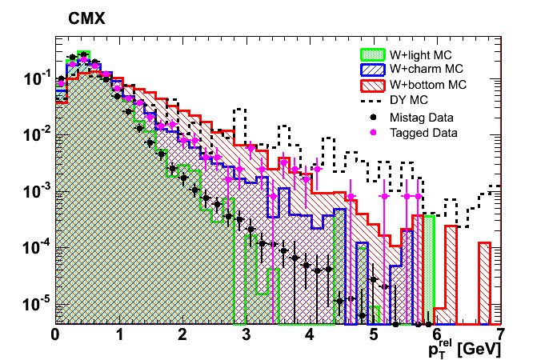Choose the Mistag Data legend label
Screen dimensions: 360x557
pos(419,117)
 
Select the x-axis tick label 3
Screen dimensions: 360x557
pos(246,334)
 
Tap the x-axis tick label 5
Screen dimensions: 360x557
pos(374,334)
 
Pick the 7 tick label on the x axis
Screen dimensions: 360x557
pos(501,334)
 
